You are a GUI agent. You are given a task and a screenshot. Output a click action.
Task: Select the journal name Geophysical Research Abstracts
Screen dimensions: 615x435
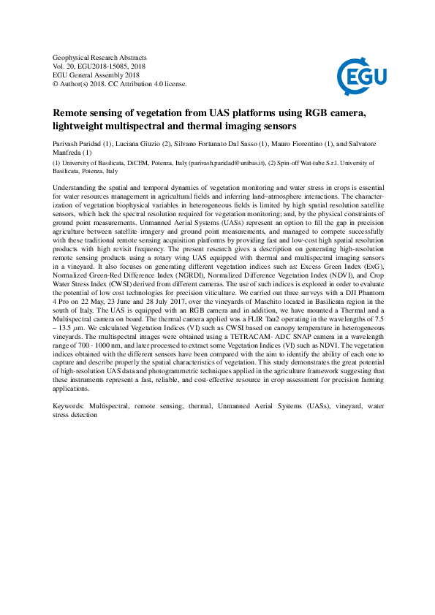(100, 58)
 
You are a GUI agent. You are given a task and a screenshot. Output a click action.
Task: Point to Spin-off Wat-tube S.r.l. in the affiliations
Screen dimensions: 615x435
(321, 164)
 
